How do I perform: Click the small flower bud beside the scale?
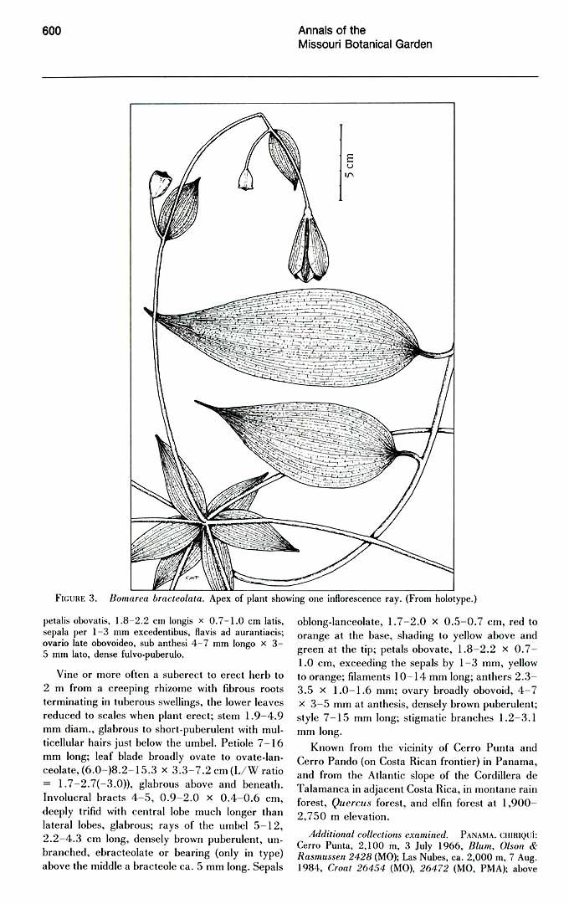246,177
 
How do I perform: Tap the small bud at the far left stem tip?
156,184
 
